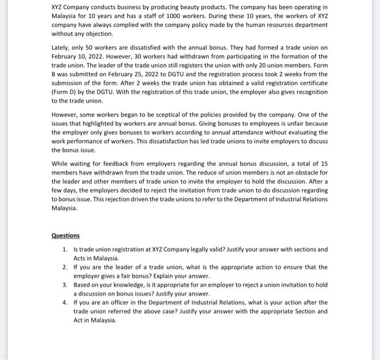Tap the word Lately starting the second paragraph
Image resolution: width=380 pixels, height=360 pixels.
click(x=60, y=48)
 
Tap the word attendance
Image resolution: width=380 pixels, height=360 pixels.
click(x=239, y=132)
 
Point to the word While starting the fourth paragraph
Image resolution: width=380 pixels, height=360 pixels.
click(x=61, y=164)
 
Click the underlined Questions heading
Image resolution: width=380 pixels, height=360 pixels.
click(x=65, y=236)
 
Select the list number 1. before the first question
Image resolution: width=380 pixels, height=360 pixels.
click(x=65, y=249)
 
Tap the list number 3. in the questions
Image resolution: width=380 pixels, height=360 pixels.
click(x=65, y=285)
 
